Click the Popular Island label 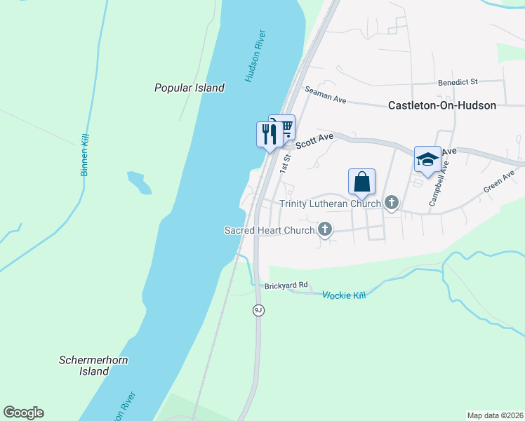190,88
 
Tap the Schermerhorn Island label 93,366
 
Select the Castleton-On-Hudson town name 442,105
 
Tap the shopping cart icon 284,127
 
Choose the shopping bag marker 361,182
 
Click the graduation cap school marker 427,159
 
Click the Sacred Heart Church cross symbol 325,229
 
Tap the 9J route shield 258,310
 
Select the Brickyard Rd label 286,286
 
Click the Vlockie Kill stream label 344,295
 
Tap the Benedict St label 458,82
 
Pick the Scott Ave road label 314,141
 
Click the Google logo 23,413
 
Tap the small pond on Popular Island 140,182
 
